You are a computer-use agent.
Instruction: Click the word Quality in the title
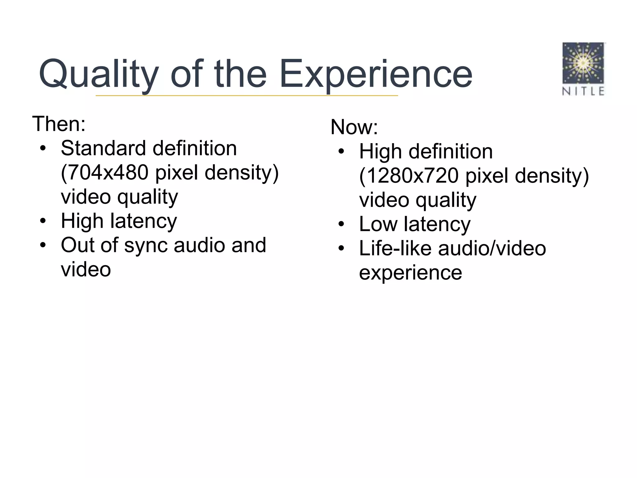pos(99,75)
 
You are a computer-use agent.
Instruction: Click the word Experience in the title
pos(376,75)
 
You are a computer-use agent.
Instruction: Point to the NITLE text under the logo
pos(583,91)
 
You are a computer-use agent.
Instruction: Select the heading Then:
pos(59,124)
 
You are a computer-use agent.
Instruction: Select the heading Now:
pos(354,127)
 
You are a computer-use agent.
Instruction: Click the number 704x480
pos(107,172)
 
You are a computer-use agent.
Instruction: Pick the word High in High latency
pos(82,221)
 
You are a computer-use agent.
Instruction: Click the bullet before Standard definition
pos(43,148)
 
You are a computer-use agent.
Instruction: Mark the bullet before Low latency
pos(341,224)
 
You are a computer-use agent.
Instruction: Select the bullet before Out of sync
pos(43,246)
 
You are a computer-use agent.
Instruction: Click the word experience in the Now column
pos(410,273)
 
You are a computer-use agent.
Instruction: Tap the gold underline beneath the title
pos(247,96)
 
